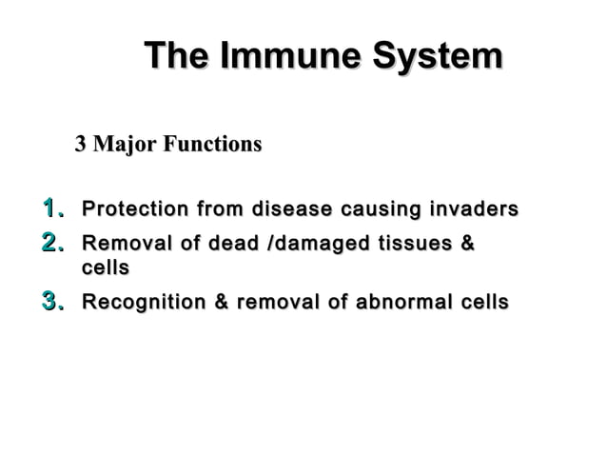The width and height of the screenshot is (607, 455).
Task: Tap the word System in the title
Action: coord(437,56)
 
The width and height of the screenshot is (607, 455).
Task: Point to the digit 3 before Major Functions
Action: coord(81,145)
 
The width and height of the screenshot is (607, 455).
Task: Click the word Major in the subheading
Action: coord(124,145)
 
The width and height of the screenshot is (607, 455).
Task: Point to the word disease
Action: coord(291,208)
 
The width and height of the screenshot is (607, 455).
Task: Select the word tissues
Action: coord(415,244)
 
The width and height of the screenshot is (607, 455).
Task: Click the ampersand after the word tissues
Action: coord(467,244)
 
